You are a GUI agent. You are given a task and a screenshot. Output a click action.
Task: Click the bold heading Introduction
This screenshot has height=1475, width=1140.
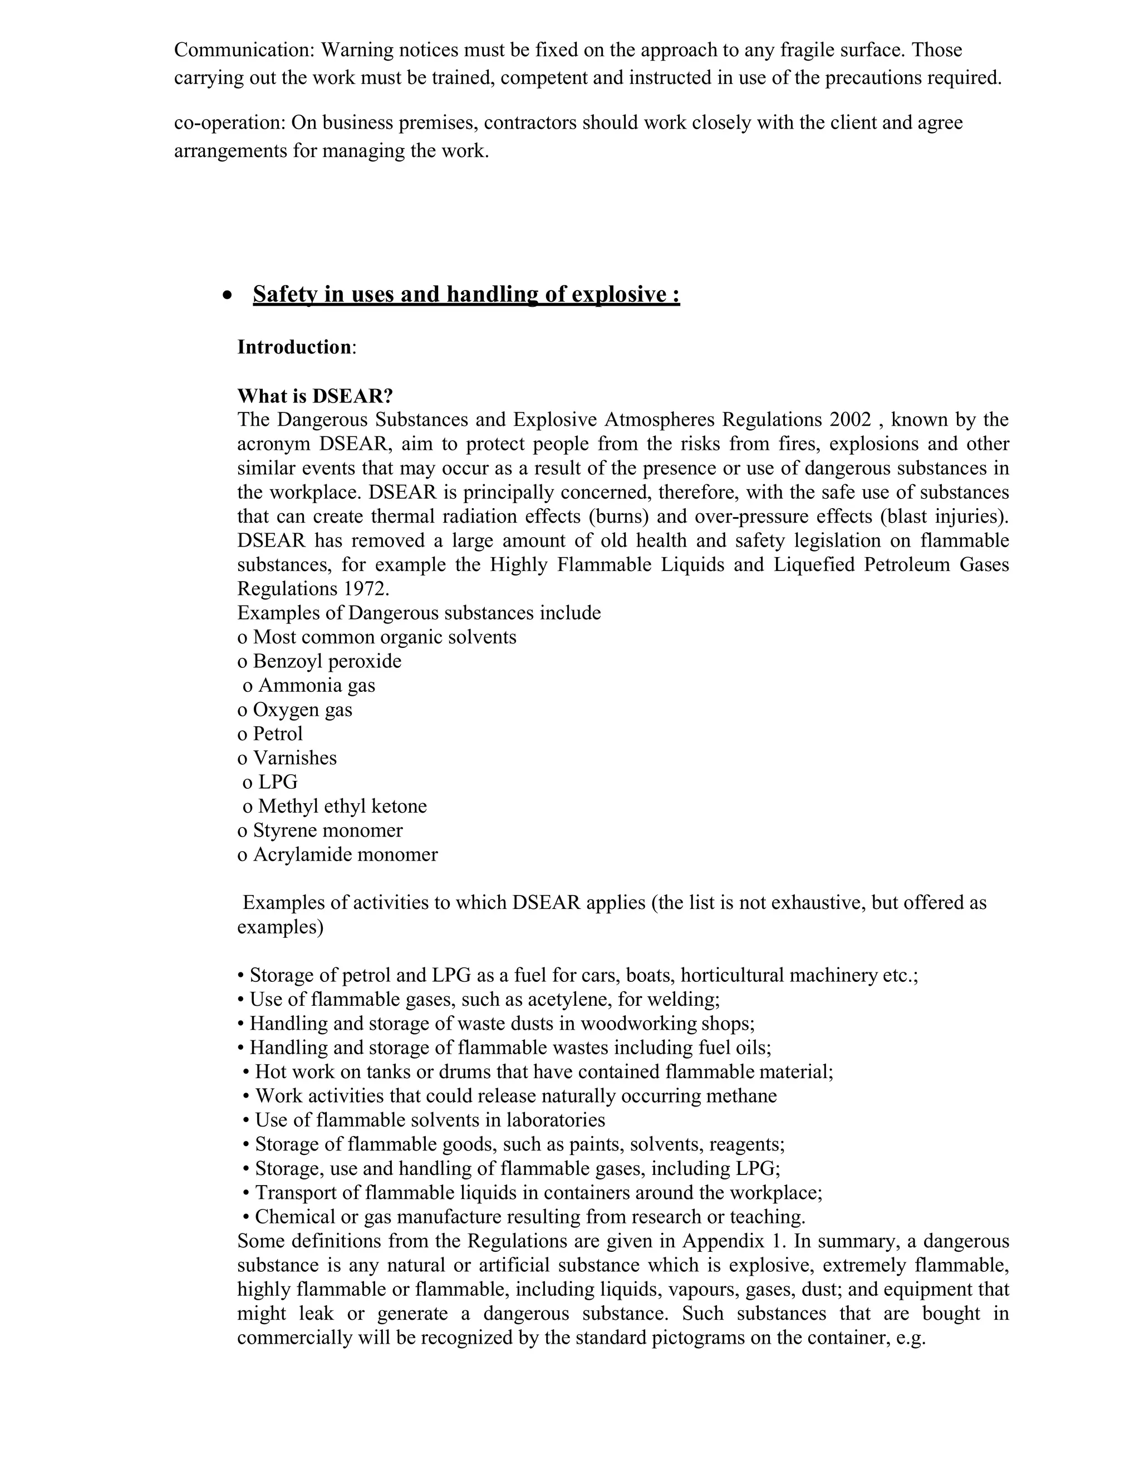[294, 347]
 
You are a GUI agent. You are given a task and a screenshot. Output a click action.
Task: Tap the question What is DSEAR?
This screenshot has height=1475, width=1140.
[315, 396]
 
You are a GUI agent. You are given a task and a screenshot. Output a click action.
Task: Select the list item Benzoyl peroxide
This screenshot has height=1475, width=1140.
[327, 661]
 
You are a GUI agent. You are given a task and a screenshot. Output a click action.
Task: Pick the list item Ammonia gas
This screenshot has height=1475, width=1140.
[317, 686]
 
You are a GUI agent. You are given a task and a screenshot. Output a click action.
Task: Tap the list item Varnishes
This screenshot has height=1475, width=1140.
[294, 758]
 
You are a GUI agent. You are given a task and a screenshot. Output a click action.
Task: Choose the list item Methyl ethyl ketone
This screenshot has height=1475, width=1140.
[342, 807]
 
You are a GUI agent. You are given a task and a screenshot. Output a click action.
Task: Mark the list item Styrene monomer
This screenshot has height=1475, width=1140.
[327, 830]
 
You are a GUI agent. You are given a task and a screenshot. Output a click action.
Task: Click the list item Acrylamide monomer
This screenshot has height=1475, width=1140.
[345, 855]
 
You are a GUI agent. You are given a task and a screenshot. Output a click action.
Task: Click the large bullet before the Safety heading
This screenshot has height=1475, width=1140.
[228, 295]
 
